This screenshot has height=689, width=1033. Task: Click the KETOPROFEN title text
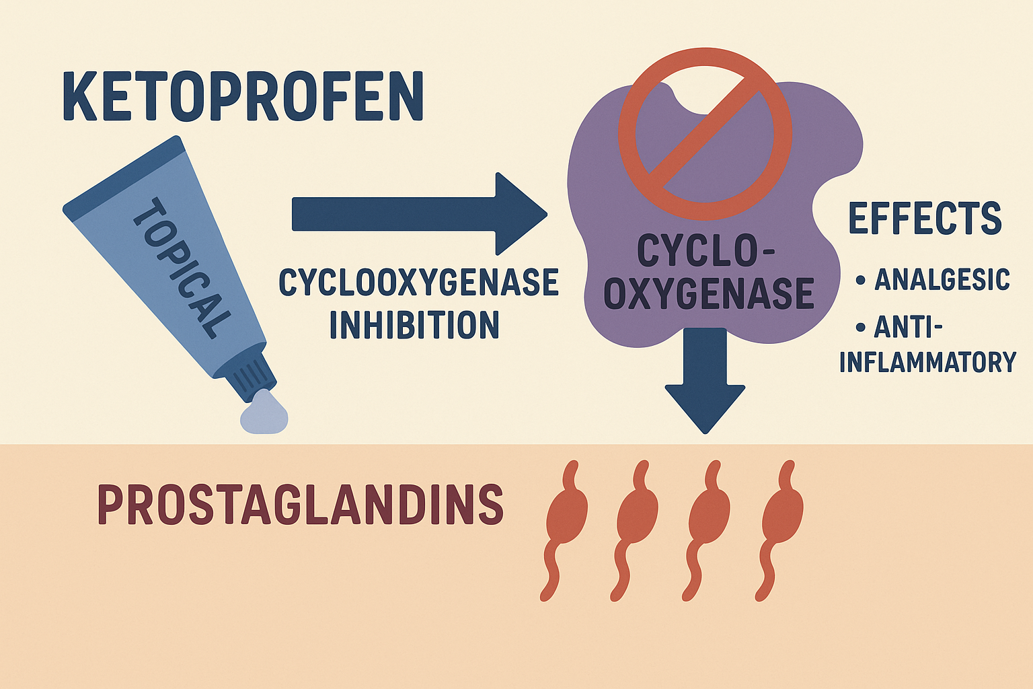point(243,97)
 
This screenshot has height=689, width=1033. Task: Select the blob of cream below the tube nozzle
point(265,413)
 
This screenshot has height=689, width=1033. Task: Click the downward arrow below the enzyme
point(705,380)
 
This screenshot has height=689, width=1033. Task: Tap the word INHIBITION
point(414,325)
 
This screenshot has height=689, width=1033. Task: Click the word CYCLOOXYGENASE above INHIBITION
point(418,283)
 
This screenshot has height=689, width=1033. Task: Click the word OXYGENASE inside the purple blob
point(709,295)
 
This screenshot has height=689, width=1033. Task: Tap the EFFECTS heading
point(925,219)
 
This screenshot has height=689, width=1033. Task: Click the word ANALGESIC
point(942,279)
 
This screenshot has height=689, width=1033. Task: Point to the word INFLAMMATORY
point(927,362)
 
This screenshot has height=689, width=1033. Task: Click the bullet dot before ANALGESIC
point(860,279)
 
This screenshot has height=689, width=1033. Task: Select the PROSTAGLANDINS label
point(301,504)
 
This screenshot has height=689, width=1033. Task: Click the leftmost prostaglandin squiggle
point(564,529)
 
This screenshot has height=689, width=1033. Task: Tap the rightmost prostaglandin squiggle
point(780,529)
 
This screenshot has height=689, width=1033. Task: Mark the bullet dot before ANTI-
point(859,328)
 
